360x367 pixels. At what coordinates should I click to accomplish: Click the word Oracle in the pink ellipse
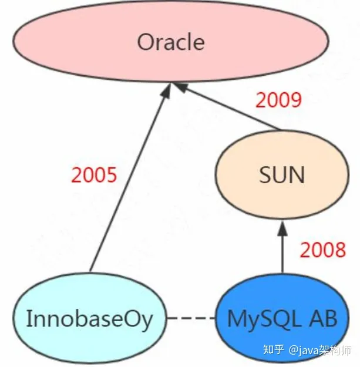click(171, 42)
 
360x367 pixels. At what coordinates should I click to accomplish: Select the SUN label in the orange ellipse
click(282, 174)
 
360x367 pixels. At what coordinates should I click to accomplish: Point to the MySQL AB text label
click(282, 319)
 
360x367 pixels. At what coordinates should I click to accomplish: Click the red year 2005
click(94, 174)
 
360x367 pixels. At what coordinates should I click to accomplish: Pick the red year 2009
click(278, 100)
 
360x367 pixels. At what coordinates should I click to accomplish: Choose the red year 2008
click(323, 250)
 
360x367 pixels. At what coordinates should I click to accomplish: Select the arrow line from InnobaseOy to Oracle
click(130, 177)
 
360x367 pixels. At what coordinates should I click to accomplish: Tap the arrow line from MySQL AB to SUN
click(282, 247)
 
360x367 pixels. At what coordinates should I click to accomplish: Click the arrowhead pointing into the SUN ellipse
click(282, 228)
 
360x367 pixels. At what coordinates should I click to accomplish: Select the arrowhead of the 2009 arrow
click(181, 87)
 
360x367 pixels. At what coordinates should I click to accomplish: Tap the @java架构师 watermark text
click(319, 350)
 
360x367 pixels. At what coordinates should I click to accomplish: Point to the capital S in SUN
click(265, 174)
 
